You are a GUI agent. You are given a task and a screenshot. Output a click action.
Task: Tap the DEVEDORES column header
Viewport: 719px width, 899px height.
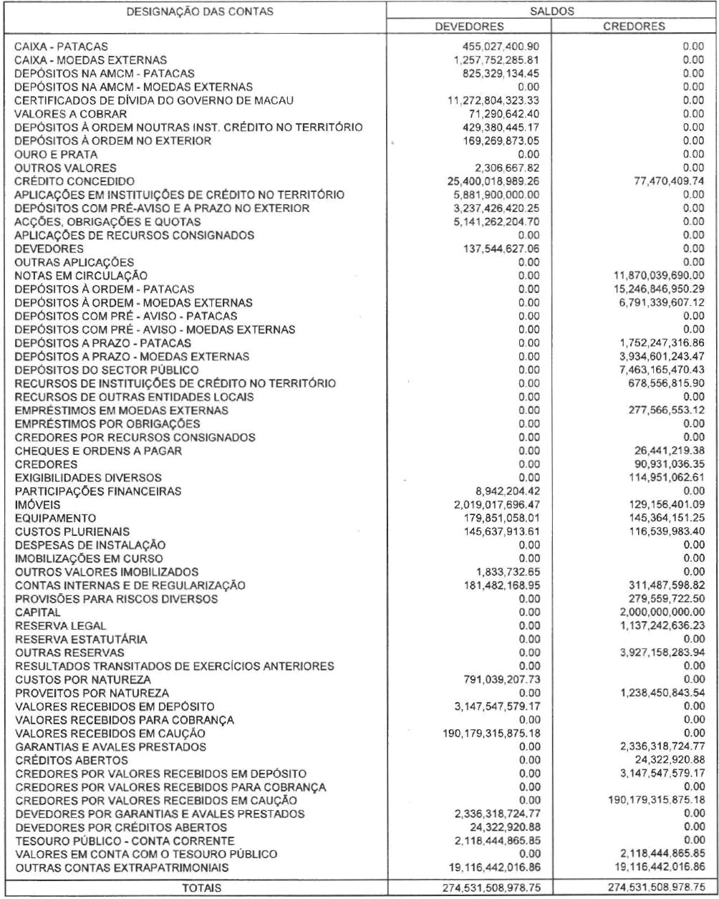tap(466, 27)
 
